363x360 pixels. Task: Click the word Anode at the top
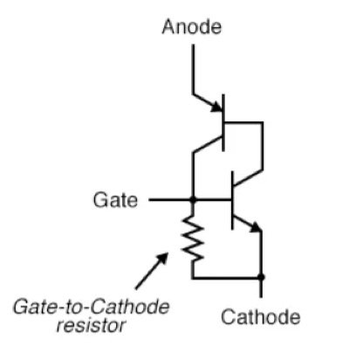[191, 27]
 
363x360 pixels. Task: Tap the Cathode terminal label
[259, 315]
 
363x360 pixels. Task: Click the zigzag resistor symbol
[193, 238]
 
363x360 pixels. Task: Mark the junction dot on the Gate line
[193, 200]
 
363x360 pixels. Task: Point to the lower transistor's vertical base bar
[232, 200]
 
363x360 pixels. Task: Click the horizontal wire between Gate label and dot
[170, 200]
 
